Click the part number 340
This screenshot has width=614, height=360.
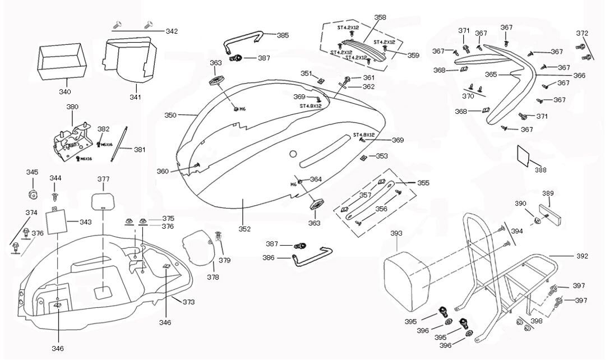click(65, 91)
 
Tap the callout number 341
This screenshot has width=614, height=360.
click(135, 97)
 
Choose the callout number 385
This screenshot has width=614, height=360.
click(283, 35)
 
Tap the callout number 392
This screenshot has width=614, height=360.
click(581, 256)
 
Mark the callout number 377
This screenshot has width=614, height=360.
click(104, 179)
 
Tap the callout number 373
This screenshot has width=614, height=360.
click(188, 302)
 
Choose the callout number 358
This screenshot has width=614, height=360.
click(380, 18)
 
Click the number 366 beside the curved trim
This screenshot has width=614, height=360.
click(579, 75)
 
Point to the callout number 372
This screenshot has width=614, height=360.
click(582, 33)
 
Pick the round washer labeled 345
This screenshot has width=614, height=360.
click(33, 195)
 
